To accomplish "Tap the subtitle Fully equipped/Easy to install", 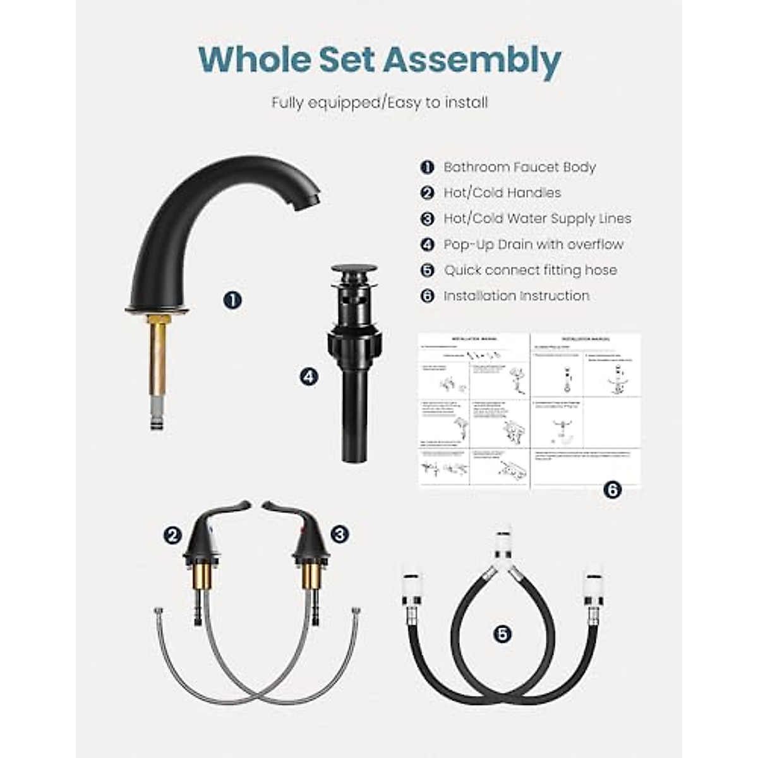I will point(380,102).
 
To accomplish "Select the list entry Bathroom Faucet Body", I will point(519,167).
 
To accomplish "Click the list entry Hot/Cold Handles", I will point(502,193).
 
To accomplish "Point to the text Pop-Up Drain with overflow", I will point(533,244).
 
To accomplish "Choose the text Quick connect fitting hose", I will point(530,270).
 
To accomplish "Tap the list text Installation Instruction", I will point(516,296).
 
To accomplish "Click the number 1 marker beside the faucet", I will point(233,299).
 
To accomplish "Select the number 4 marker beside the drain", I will point(308,378).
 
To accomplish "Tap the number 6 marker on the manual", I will point(612,490).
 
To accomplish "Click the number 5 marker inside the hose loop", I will point(502,634).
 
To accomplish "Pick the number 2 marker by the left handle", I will point(172,536).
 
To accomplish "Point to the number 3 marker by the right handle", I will point(340,534).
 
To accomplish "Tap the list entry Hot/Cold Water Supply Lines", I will point(537,219).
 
